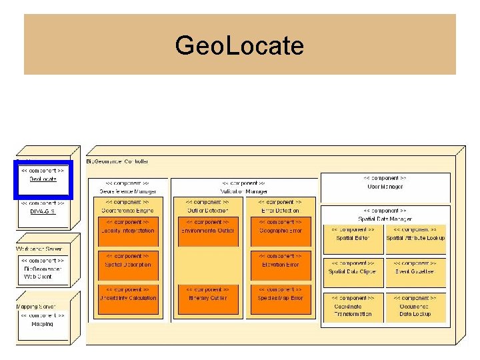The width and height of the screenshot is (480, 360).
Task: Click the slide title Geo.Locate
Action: tap(239, 46)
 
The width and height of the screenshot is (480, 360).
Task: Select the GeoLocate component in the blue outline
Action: tap(43, 175)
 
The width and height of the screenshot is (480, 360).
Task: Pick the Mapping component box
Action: tap(43, 320)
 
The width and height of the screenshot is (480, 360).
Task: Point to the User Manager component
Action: tap(385, 183)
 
